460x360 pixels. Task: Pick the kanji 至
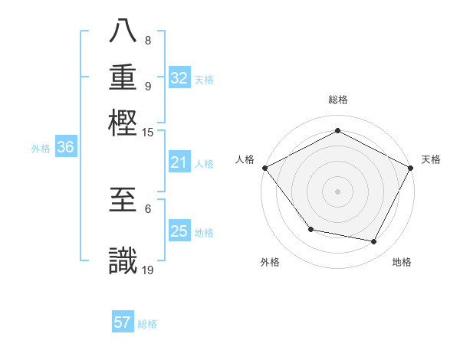point(123,201)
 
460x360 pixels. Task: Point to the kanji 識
point(123,260)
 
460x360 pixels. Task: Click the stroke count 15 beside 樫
point(148,133)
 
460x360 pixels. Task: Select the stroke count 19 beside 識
point(148,270)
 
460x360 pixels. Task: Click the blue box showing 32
point(179,78)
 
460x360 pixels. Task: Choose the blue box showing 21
point(179,162)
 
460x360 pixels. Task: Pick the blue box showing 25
point(179,231)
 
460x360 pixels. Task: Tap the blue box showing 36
point(66,148)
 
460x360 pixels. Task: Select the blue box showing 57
point(123,322)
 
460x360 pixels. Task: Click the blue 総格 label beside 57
point(147,324)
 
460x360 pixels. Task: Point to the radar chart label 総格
point(338,100)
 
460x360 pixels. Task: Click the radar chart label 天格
point(431,159)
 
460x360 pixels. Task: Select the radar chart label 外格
point(270,263)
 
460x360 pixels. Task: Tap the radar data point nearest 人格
point(264,168)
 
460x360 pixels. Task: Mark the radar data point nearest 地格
point(374,241)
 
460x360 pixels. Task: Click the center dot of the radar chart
point(337,191)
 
